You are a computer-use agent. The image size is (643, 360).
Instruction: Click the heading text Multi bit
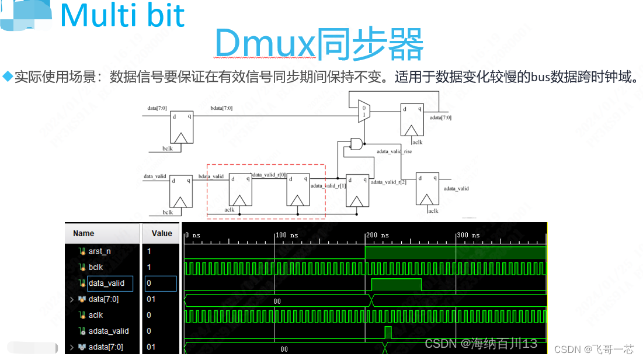coord(122,16)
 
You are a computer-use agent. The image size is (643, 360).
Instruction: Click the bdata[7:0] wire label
coord(221,108)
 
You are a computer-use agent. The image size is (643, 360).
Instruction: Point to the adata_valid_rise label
coord(394,151)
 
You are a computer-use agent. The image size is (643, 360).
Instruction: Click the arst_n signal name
coord(100,251)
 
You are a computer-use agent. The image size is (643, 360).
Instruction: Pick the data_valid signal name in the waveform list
coord(107,283)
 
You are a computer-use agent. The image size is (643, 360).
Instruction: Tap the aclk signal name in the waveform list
coord(96,316)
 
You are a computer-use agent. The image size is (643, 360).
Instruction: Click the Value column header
coord(161,233)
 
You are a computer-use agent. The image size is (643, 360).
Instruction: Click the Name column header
coord(84,233)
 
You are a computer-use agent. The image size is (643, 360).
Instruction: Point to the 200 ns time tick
coord(373,235)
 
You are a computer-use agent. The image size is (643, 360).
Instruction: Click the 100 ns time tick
coord(286,235)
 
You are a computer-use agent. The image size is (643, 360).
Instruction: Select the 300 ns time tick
coord(465,235)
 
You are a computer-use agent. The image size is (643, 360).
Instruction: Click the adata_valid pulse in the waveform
coord(388,333)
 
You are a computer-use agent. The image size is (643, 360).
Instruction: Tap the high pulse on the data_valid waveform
coord(396,285)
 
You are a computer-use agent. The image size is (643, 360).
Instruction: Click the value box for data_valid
coord(161,283)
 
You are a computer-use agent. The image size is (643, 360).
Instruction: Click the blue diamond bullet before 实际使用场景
coord(8,76)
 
